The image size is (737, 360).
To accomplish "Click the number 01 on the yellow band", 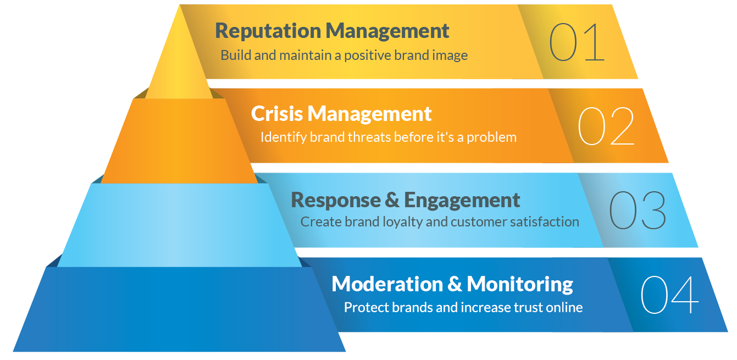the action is point(577,42).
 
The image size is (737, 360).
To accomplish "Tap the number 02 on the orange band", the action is point(606,126).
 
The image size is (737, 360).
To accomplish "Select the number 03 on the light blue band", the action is point(638,210).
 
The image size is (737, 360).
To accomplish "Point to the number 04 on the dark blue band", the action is point(669,295).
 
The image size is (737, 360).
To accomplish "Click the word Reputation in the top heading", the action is point(268,31).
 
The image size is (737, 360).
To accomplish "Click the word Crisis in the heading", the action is point(276,114).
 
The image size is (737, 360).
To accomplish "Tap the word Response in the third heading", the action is point(336,201).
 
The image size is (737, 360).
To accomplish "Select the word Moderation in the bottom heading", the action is point(387,284).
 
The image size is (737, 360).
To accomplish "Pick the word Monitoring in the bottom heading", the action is point(520,285).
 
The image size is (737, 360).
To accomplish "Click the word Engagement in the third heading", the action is point(462,201).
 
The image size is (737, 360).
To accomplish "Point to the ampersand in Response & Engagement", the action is point(392,200).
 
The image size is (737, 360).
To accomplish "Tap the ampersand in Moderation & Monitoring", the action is point(455,284).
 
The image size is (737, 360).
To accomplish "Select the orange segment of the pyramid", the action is point(179,141).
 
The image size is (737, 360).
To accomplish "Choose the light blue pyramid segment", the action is point(179,225).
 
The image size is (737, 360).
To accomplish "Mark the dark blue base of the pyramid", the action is point(179,309).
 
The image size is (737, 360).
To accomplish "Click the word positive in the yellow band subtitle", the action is point(368,56).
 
